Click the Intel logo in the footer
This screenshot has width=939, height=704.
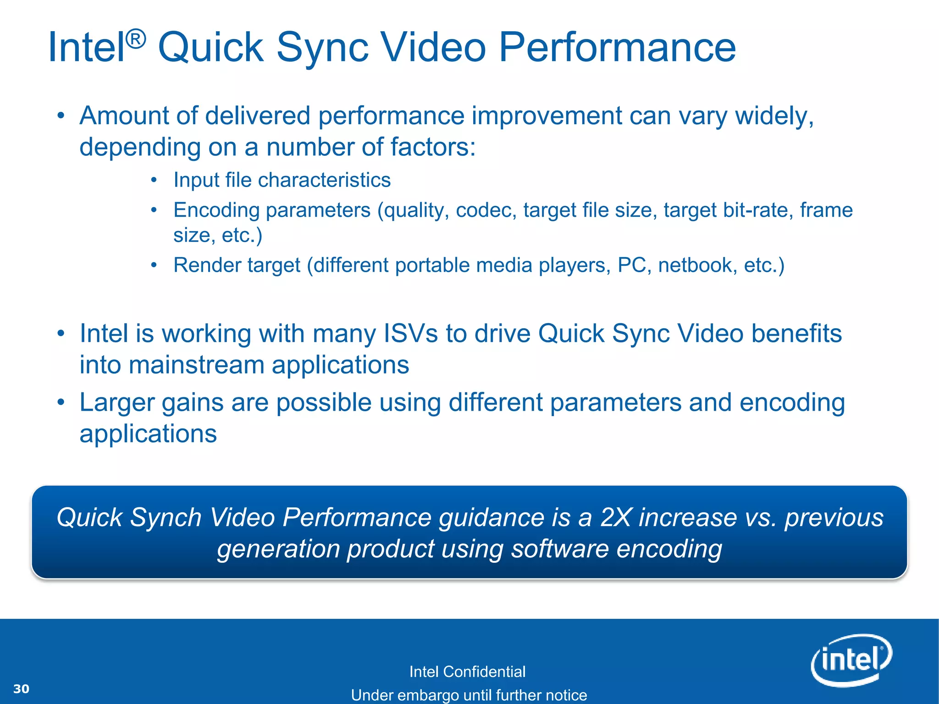(x=851, y=660)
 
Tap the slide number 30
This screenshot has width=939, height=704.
(x=22, y=689)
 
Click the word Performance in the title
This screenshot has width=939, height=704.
(x=617, y=47)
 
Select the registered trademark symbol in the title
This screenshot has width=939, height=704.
(x=136, y=38)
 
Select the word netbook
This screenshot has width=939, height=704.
(x=697, y=265)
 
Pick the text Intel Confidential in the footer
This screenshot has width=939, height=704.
(x=467, y=672)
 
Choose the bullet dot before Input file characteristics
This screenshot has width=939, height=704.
(x=154, y=180)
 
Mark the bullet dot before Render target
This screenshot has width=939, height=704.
(x=154, y=265)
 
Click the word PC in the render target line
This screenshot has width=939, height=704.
(x=632, y=265)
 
